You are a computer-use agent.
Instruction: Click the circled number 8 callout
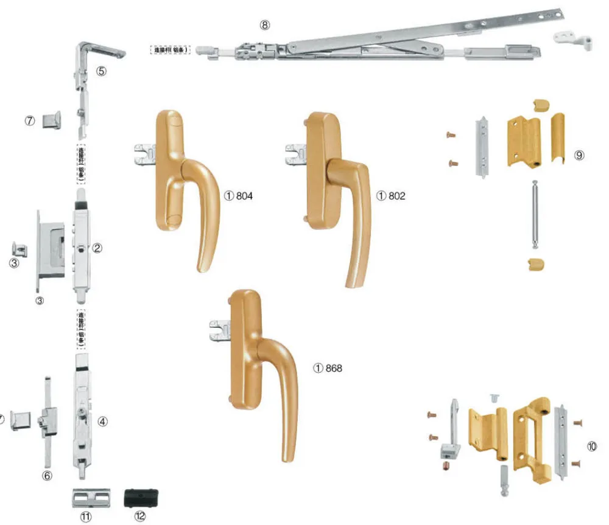click(264, 25)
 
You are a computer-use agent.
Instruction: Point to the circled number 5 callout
click(102, 71)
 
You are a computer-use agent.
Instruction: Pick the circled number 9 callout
click(579, 155)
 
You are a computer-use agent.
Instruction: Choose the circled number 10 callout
click(591, 446)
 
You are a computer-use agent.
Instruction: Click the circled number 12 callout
click(141, 516)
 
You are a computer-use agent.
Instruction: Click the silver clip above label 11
click(90, 496)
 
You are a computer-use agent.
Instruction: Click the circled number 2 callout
click(97, 248)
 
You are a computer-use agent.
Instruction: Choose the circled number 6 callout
click(48, 475)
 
